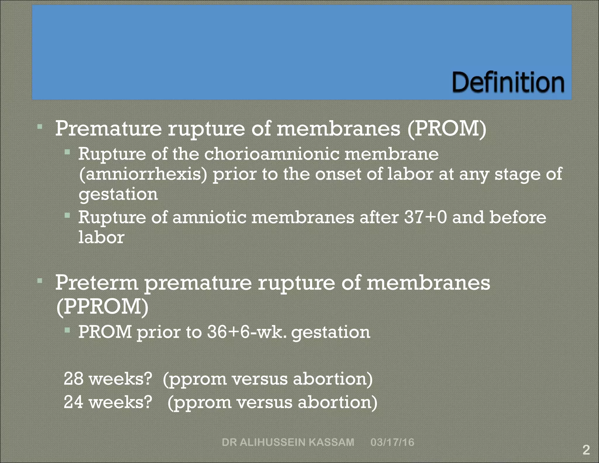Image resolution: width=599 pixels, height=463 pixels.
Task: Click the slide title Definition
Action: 508,83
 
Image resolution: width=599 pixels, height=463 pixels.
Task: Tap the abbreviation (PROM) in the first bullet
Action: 447,129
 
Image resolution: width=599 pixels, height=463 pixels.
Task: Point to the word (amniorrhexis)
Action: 143,174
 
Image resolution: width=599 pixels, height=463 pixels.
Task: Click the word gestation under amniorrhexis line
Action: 118,195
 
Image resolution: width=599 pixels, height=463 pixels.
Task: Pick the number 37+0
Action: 426,217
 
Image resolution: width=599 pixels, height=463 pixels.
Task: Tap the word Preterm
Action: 97,283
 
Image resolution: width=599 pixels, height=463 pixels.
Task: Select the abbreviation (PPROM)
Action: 102,307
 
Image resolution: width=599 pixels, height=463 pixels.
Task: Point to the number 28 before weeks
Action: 73,379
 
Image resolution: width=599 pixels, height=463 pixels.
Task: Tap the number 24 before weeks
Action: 73,402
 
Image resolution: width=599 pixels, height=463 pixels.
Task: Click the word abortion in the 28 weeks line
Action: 333,379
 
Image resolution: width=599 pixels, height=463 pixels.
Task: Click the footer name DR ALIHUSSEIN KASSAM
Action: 288,442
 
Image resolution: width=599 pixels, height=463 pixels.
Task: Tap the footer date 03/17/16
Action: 392,442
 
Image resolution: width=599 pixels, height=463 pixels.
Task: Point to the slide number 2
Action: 586,450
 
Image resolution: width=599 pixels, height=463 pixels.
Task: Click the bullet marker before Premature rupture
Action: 40,127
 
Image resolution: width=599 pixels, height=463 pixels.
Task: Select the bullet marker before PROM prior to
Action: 67,330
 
